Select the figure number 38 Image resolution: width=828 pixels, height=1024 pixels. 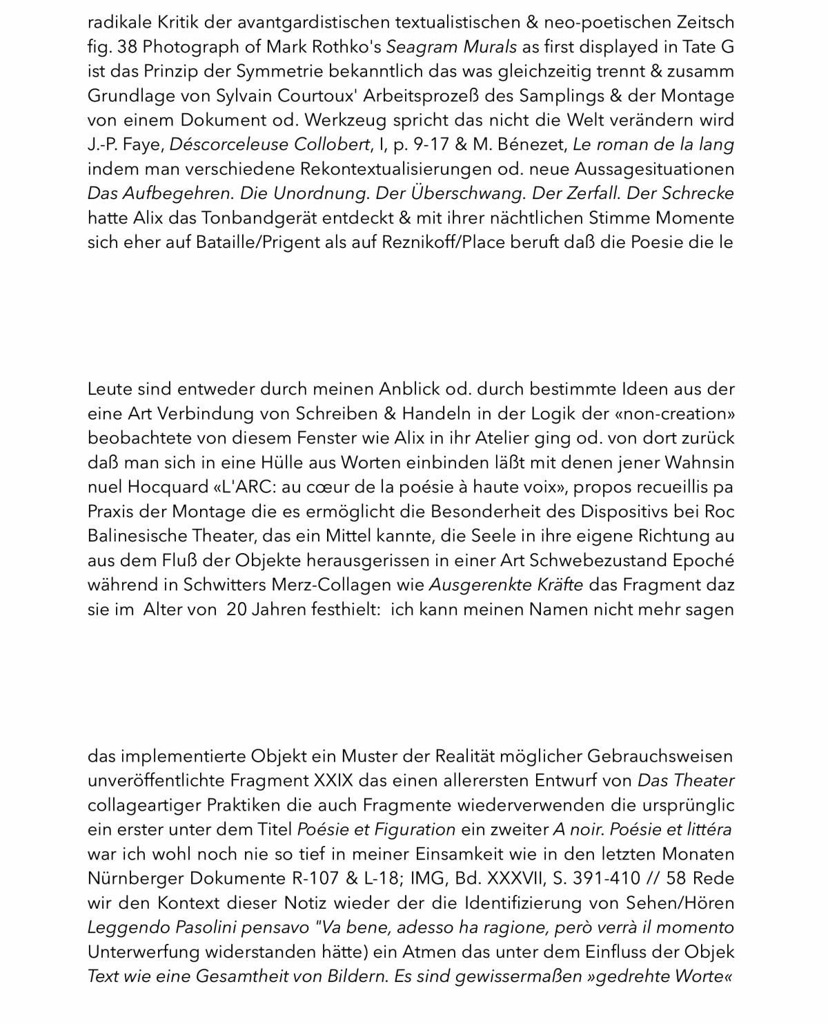pyautogui.click(x=128, y=48)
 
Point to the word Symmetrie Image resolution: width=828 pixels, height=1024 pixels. pyautogui.click(x=275, y=72)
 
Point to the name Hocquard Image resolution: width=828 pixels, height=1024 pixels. pyautogui.click(x=167, y=487)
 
